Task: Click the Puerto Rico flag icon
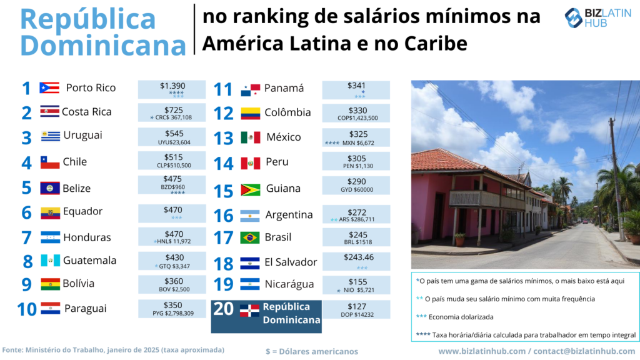pyautogui.click(x=49, y=87)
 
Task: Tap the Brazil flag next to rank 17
pyautogui.click(x=250, y=237)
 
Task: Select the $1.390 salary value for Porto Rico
pyautogui.click(x=172, y=86)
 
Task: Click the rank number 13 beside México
pyautogui.click(x=223, y=137)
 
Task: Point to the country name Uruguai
pyautogui.click(x=82, y=135)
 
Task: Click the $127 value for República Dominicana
pyautogui.click(x=356, y=306)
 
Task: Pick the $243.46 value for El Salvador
pyautogui.click(x=356, y=257)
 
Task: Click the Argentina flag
pyautogui.click(x=250, y=216)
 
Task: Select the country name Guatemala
pyautogui.click(x=89, y=260)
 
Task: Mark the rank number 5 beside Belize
pyautogui.click(x=26, y=187)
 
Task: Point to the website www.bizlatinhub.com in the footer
pyautogui.click(x=481, y=351)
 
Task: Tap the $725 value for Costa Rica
pyautogui.click(x=172, y=109)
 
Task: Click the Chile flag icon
pyautogui.click(x=50, y=162)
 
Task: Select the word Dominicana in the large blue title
pyautogui.click(x=104, y=46)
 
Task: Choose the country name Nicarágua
pyautogui.click(x=289, y=284)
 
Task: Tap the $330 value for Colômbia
pyautogui.click(x=356, y=109)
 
